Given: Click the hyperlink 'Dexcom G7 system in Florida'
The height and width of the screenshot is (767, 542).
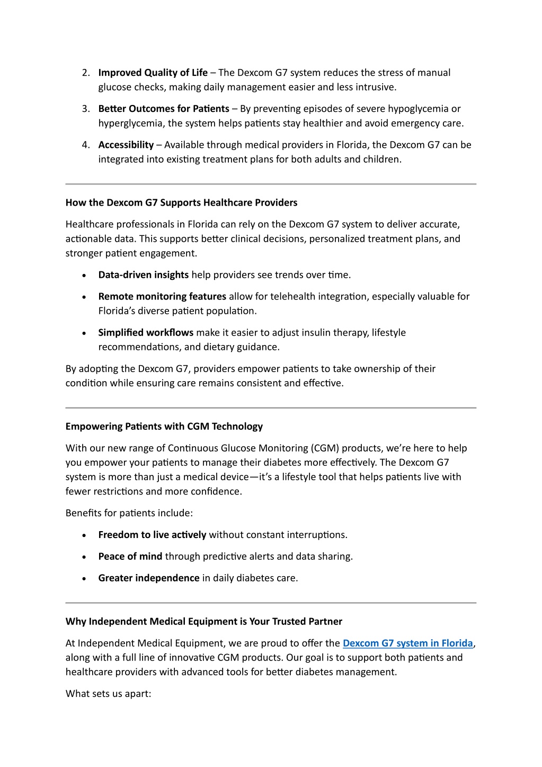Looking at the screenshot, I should point(407,643).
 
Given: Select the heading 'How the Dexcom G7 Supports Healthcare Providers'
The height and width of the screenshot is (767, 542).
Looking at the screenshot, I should point(181,202).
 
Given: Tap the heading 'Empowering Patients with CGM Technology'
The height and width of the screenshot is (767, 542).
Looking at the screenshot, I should point(164,426).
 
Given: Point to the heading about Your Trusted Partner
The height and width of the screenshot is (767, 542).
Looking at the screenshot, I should point(203,621).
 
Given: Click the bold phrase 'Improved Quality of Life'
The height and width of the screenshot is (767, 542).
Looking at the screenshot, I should point(153,73).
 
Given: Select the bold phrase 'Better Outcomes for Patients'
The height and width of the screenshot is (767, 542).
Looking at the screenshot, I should point(163,109).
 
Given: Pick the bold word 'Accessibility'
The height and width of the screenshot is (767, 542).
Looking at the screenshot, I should point(126,145).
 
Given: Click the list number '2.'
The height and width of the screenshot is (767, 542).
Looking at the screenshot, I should point(86,73).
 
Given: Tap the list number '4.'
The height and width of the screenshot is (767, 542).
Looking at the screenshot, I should point(86,145).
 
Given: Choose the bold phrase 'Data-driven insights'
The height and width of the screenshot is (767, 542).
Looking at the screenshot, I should point(143,275).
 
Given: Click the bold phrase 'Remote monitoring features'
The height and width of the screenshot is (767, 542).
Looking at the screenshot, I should point(162,296).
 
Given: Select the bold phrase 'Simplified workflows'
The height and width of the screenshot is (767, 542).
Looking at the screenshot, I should point(146,332).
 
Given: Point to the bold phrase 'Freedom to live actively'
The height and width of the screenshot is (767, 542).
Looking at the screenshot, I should point(152,534).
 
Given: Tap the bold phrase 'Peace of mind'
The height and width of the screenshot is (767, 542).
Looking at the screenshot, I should point(130,556).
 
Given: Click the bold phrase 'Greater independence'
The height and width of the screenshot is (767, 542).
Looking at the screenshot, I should point(148,578).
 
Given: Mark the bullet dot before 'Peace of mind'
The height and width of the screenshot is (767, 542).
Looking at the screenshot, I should point(85,557).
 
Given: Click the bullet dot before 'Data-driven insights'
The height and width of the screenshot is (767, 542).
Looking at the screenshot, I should point(85,276).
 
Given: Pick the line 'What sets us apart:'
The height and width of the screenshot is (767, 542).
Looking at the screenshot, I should point(108,693).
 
